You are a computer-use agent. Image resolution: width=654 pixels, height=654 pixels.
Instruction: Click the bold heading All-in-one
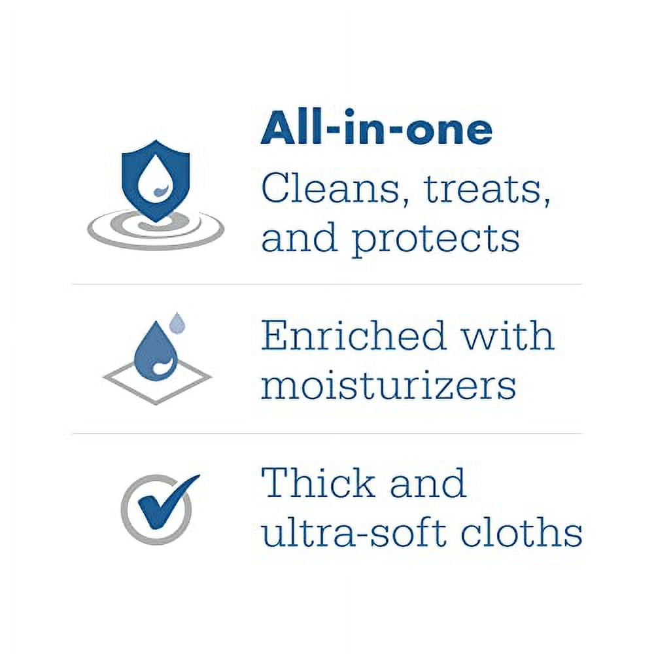click(376, 129)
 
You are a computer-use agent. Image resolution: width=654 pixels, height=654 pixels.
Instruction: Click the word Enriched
click(354, 336)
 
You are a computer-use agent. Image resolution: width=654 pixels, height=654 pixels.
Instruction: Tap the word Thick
click(318, 483)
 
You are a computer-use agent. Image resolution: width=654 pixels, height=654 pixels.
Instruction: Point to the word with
click(508, 336)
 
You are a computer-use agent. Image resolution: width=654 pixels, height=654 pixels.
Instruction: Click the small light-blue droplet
click(177, 321)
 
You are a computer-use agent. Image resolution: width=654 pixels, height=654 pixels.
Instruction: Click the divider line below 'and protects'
click(327, 284)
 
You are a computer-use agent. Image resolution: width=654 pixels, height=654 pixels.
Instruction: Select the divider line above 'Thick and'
click(327, 434)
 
